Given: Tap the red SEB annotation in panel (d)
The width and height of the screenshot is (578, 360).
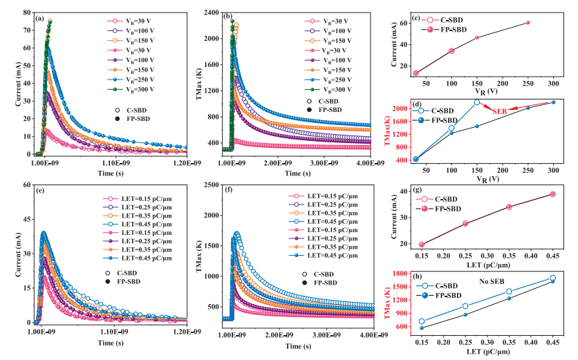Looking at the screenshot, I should point(501,111).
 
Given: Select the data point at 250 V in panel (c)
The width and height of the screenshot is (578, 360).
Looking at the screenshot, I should point(528,23).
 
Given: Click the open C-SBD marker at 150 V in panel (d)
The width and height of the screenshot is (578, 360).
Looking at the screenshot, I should point(477,102).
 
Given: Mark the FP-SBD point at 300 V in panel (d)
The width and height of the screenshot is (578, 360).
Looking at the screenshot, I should point(553,102).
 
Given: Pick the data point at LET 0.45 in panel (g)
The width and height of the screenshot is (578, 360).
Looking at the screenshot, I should point(552,194).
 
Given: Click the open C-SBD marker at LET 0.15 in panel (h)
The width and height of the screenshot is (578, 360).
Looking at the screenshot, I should point(422,321).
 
